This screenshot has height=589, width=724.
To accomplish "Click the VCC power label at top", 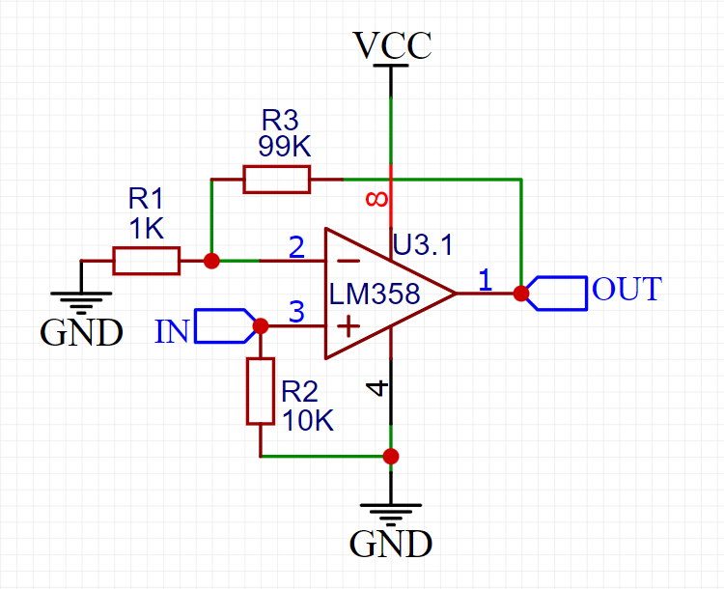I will [x=391, y=45].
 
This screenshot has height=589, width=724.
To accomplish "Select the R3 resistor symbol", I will [x=276, y=180].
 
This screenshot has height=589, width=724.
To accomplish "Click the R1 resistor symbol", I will [x=146, y=261].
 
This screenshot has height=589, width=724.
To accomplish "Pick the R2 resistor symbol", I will [x=261, y=391].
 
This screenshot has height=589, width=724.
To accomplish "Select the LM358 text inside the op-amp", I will [x=375, y=294].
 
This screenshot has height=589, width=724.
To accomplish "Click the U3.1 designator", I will [x=422, y=245].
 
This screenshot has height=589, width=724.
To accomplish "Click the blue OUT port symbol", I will [x=559, y=293].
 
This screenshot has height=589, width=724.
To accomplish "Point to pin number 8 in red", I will [x=377, y=200].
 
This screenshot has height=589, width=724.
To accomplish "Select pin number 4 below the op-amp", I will [x=377, y=388].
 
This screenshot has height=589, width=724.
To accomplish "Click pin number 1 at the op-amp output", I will [x=485, y=280].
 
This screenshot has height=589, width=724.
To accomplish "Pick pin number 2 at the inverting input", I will [x=297, y=247].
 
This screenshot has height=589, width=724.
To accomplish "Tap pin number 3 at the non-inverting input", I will [x=297, y=312].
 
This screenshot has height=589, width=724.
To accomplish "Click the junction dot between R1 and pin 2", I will [x=211, y=261].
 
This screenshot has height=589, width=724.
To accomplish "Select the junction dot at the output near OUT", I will [x=521, y=293].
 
